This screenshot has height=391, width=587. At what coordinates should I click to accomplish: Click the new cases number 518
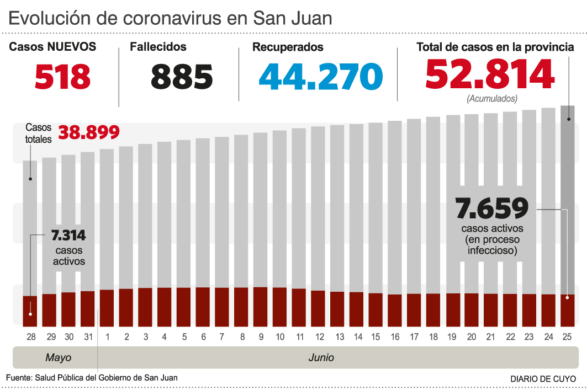[x=62, y=77]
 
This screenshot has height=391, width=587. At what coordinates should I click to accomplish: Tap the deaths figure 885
[x=182, y=77]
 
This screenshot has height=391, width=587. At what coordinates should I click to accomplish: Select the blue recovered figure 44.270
[x=321, y=77]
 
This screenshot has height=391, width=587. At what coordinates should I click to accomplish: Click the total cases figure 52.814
[x=490, y=75]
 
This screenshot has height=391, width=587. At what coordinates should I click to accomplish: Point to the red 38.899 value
[x=88, y=132]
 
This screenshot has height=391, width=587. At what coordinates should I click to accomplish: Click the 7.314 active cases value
[x=68, y=235]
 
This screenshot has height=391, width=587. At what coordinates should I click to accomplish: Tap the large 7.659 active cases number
[x=492, y=208]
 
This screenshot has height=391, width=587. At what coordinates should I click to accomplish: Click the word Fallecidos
[x=158, y=47]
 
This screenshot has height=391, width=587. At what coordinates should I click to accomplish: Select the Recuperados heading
[x=288, y=47]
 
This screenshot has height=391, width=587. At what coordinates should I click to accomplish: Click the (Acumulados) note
[x=492, y=99]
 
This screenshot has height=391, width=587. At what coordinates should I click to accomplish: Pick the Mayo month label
[x=59, y=358]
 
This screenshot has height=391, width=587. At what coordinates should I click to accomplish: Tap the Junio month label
[x=321, y=358]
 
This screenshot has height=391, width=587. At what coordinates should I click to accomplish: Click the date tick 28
[x=30, y=336]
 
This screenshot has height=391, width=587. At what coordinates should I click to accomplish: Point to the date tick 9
[x=261, y=336]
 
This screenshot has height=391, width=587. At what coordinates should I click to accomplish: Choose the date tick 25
[x=568, y=336]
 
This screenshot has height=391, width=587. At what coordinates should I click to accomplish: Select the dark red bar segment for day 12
[x=318, y=308]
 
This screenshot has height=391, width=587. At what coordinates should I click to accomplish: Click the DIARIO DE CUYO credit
[x=543, y=379]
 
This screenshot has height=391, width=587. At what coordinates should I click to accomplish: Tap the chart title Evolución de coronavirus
[x=170, y=18]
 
